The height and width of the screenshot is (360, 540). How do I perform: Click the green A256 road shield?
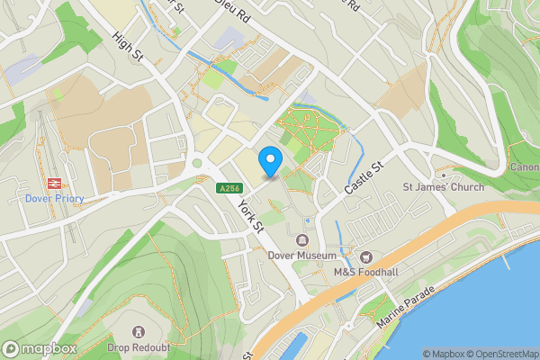(228, 187)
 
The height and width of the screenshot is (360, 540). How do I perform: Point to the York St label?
(249, 213)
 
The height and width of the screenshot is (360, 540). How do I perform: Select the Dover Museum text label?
(301, 255)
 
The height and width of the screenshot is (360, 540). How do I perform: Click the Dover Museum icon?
(302, 240)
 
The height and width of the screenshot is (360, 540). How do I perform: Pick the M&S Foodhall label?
(367, 273)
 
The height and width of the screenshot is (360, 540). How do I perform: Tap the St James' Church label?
(443, 187)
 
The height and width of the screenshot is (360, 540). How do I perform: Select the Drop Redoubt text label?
(139, 347)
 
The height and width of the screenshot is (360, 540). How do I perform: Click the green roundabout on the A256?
(197, 165)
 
